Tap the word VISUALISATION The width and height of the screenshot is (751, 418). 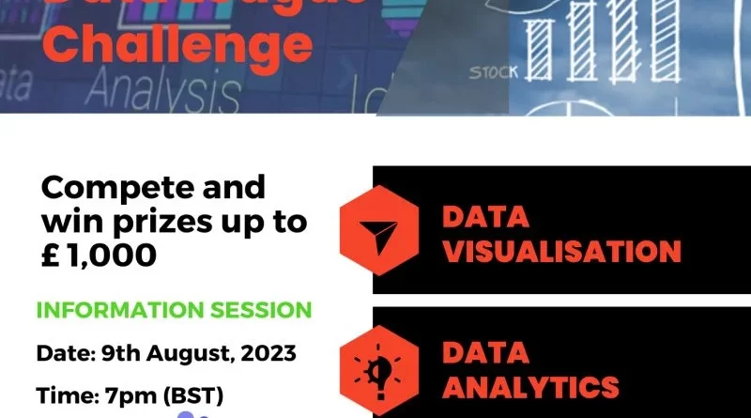(x=561, y=252)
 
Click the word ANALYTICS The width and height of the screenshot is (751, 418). (x=530, y=386)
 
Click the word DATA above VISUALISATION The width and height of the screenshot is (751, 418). (x=485, y=218)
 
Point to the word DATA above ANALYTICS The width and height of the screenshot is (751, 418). (x=485, y=352)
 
